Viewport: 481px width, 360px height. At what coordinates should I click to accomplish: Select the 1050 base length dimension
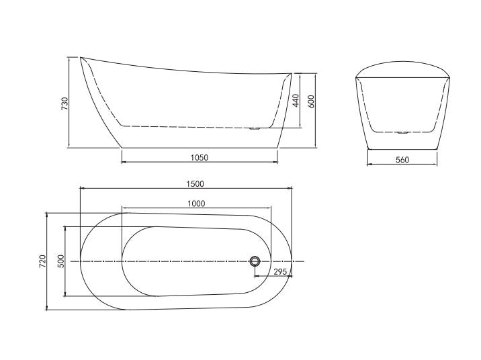200,158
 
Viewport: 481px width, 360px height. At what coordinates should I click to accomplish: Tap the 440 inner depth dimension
296,101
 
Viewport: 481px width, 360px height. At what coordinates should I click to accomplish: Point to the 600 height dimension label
311,101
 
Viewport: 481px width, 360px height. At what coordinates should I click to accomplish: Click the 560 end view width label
402,160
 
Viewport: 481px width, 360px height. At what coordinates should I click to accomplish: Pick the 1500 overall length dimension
195,183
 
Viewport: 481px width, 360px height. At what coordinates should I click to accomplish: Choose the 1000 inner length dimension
196,204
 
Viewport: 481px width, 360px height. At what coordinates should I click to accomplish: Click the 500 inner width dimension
60,261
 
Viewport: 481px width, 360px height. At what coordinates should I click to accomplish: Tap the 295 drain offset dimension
281,272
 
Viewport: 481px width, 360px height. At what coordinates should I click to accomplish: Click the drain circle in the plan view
255,261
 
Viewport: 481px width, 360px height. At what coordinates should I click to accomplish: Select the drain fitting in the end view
402,132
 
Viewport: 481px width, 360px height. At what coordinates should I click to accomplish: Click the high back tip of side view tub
82,58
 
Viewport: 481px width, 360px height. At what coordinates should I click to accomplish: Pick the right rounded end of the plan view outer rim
292,261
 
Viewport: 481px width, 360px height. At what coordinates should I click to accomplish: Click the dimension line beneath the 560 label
402,165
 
